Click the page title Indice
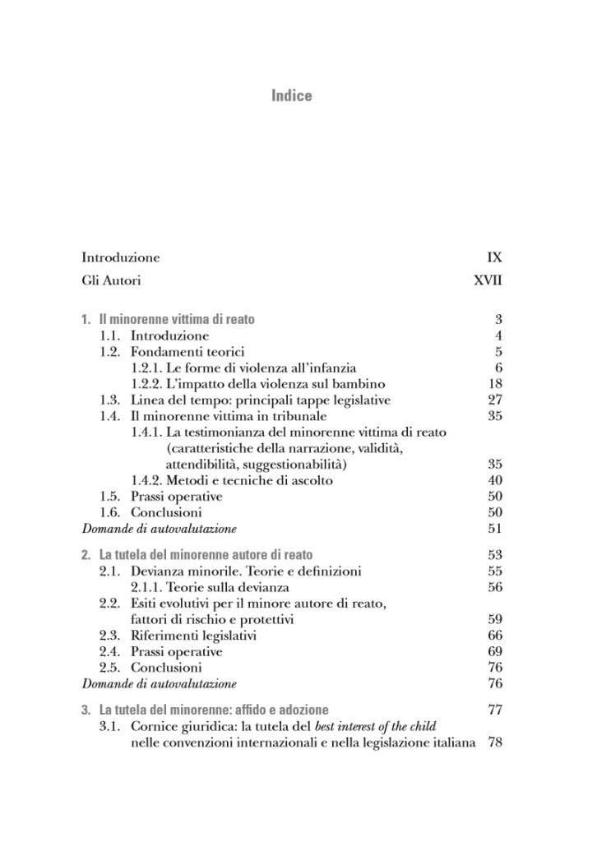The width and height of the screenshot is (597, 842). (292, 96)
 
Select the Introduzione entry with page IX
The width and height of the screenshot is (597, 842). (120, 257)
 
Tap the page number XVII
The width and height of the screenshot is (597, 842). (488, 280)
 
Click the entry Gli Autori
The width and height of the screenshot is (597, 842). (111, 280)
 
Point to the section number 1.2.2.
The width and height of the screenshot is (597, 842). (148, 384)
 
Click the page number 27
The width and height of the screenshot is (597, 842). (494, 400)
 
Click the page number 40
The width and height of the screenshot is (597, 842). (494, 480)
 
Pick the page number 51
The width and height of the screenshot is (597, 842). (494, 529)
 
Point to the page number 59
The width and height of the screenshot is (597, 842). (494, 619)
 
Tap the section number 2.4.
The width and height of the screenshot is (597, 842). (110, 651)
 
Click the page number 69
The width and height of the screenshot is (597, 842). (494, 651)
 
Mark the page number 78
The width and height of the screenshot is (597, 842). (494, 743)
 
